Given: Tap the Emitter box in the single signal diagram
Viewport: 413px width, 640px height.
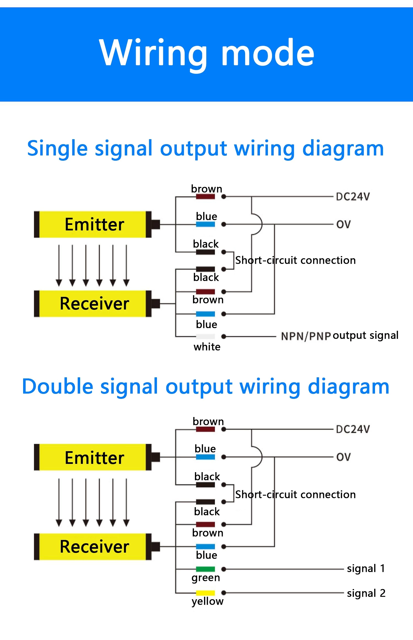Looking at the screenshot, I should [94, 224].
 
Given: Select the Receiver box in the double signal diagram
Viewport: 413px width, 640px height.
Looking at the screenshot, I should [94, 547].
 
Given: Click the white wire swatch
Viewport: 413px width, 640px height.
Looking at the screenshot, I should [205, 336].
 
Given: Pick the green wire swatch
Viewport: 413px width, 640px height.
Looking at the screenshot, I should [205, 569].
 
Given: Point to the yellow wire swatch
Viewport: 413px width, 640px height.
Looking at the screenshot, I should [205, 593].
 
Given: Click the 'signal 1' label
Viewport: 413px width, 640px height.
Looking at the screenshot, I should [366, 568].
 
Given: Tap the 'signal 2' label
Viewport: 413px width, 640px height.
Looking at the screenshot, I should [366, 593].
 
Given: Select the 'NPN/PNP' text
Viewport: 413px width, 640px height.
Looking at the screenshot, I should [306, 336].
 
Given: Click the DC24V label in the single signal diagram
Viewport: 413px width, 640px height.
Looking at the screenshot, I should [353, 197].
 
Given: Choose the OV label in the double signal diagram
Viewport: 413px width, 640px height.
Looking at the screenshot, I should [343, 457].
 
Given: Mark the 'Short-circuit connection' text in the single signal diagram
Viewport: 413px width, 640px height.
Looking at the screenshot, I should [295, 260].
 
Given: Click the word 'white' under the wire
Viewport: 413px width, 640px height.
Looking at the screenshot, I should [207, 347].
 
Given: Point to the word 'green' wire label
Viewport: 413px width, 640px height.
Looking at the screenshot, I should [206, 578].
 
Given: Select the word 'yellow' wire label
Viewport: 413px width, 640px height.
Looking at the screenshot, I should [207, 601].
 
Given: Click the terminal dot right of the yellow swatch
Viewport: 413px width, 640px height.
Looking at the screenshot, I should [224, 593].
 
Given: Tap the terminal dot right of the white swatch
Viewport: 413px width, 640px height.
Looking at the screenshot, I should [224, 336].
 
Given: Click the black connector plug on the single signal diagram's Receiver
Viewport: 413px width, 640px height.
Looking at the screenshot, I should [155, 303].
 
